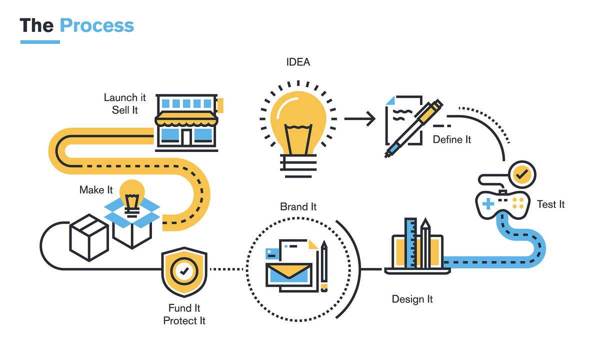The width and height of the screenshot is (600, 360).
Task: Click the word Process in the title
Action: pyautogui.click(x=96, y=25)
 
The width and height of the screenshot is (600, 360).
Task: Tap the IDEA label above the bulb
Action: pyautogui.click(x=298, y=62)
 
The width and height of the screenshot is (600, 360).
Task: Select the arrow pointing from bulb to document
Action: pyautogui.click(x=359, y=119)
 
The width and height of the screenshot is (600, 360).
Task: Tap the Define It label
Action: pyautogui.click(x=452, y=139)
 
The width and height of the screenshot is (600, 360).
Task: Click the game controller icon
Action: pyautogui.click(x=501, y=202)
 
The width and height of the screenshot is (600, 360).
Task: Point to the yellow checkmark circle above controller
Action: pyautogui.click(x=521, y=174)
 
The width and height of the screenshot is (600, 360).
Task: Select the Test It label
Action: pyautogui.click(x=550, y=204)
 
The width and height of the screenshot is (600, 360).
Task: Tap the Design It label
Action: pyautogui.click(x=412, y=299)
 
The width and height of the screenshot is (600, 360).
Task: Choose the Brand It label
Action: pyautogui.click(x=298, y=206)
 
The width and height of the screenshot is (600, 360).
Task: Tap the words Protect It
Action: pyautogui.click(x=184, y=320)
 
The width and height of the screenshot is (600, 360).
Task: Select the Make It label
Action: pyautogui.click(x=96, y=190)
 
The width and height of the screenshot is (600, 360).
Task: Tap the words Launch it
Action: pyautogui.click(x=124, y=97)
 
